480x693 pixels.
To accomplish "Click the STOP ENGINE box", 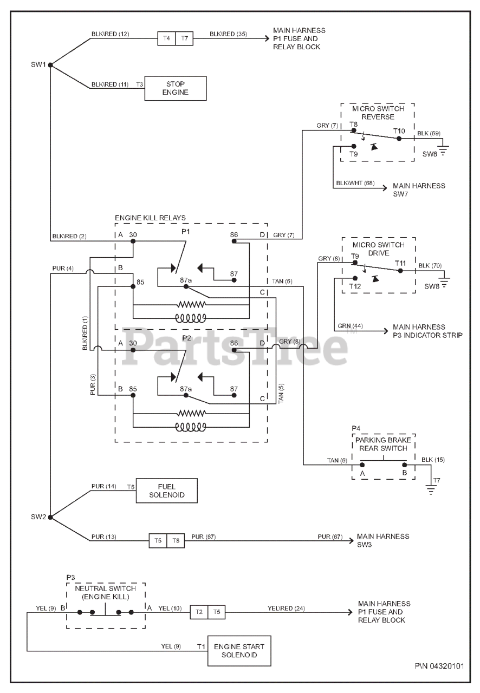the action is [176, 88].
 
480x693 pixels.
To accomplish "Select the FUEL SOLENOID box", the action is [167, 491].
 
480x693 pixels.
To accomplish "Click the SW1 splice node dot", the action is [50, 65].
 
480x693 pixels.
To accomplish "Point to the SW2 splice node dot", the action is [50, 517].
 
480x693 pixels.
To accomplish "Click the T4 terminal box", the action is [167, 38].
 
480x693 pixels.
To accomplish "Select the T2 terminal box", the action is [199, 612].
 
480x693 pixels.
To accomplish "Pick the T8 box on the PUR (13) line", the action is [176, 541].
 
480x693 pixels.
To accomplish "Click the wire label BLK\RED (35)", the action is [228, 34].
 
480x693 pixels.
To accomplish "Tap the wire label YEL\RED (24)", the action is [286, 608].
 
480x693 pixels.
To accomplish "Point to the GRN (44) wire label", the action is [350, 326].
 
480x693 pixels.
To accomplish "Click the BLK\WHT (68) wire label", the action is [355, 183].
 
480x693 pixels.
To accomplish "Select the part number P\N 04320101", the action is [439, 666].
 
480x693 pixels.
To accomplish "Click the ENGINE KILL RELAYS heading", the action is [150, 218].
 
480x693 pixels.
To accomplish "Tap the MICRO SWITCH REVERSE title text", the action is [378, 113].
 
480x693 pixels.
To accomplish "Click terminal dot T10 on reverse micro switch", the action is [399, 139].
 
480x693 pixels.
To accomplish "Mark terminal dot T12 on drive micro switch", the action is [355, 278].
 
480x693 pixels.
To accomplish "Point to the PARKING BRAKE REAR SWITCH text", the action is [383, 444].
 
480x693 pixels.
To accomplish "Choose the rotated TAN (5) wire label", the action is [281, 394].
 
